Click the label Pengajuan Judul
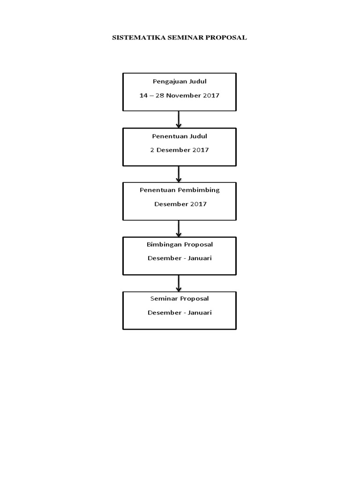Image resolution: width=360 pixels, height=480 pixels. (180, 82)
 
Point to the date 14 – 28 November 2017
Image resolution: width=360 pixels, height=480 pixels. (180, 96)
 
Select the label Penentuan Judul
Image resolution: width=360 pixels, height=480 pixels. (180, 136)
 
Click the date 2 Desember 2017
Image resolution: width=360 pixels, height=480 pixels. (180, 150)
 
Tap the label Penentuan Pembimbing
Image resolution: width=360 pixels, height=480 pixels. (180, 190)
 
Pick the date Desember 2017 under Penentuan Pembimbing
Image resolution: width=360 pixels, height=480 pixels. (180, 204)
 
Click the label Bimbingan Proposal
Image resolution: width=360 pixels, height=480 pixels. (180, 245)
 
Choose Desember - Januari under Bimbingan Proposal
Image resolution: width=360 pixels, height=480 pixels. (180, 258)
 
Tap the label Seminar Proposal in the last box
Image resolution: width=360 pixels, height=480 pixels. (180, 299)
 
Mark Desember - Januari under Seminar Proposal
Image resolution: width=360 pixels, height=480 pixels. (180, 313)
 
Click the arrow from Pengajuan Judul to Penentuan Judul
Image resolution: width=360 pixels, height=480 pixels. (179, 120)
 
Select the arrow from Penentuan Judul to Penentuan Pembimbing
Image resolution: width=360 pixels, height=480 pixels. (179, 174)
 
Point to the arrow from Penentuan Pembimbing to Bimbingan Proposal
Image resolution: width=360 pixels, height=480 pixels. (179, 228)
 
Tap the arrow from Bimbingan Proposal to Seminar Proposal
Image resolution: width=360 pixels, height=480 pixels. (179, 283)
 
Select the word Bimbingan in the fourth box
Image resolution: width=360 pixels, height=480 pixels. (162, 245)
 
